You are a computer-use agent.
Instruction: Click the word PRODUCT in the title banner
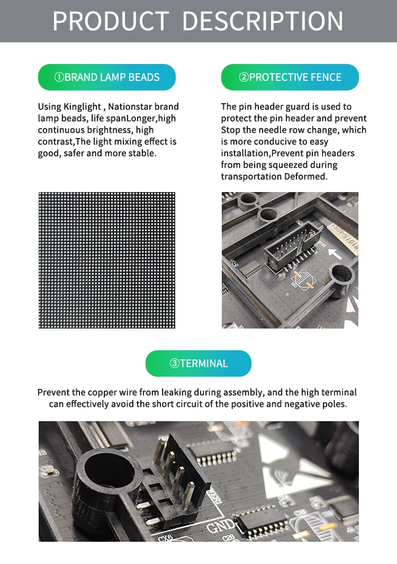click(x=111, y=21)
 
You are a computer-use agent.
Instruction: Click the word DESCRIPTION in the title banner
click(x=263, y=21)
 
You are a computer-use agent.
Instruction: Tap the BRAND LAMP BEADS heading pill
click(x=106, y=77)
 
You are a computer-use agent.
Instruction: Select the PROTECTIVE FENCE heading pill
click(x=290, y=77)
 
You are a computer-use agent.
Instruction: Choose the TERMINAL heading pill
click(x=198, y=363)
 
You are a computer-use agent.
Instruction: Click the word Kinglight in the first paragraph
click(x=82, y=107)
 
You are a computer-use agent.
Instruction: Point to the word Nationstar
click(x=130, y=107)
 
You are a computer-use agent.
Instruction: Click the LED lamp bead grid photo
click(x=107, y=260)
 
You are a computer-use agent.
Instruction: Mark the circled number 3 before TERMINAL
click(x=175, y=363)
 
